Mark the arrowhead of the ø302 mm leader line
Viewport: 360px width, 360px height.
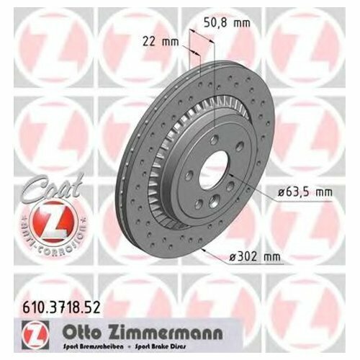pyautogui.click(x=205, y=248)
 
